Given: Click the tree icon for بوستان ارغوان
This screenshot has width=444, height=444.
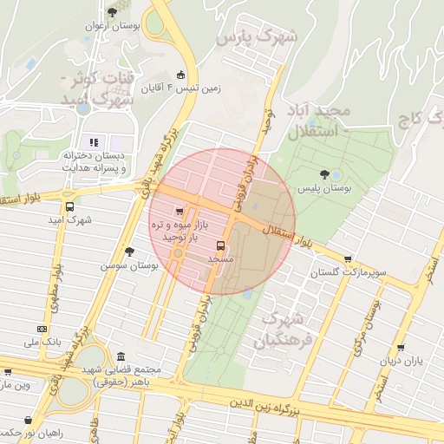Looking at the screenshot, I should pyautogui.click(x=111, y=12).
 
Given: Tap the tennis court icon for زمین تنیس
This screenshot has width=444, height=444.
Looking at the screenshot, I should pyautogui.click(x=180, y=75).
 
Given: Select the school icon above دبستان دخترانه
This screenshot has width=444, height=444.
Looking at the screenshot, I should pyautogui.click(x=93, y=142).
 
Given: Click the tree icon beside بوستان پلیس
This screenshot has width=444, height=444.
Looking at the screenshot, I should pyautogui.click(x=325, y=174).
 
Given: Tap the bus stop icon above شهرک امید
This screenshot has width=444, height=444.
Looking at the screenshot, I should pyautogui.click(x=69, y=206).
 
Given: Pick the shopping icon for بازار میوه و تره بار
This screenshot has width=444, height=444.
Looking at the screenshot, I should pyautogui.click(x=180, y=211).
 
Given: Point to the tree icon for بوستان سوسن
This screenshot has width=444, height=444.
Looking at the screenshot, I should pyautogui.click(x=129, y=251).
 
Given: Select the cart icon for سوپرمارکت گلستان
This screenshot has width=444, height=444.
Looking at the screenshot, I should pyautogui.click(x=348, y=258).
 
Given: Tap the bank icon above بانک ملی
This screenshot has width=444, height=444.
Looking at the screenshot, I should pyautogui.click(x=42, y=329).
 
